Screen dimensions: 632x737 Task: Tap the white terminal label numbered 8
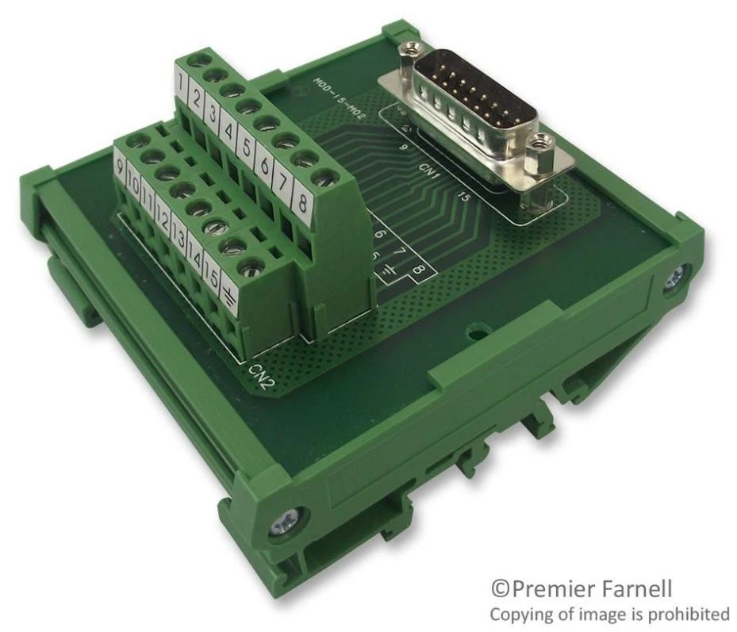[x=302, y=201]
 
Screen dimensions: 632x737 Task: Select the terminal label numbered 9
[x=120, y=169]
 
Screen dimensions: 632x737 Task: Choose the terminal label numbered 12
[x=163, y=218]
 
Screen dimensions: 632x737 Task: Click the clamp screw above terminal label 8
[x=321, y=176]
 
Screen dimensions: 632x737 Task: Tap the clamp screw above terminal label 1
[x=194, y=61]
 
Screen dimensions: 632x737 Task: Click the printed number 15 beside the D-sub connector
[x=466, y=197]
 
